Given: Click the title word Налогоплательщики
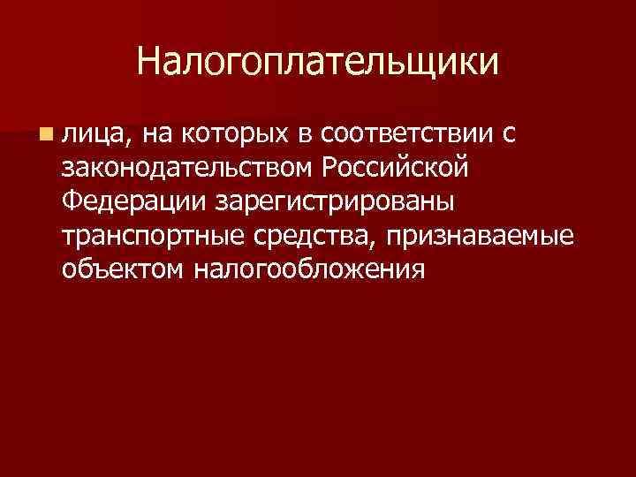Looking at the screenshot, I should coord(318,62).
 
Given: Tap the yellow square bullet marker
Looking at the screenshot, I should coord(43,133).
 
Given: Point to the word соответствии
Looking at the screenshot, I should coord(407,132).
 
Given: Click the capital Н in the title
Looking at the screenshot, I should coord(149,62).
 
